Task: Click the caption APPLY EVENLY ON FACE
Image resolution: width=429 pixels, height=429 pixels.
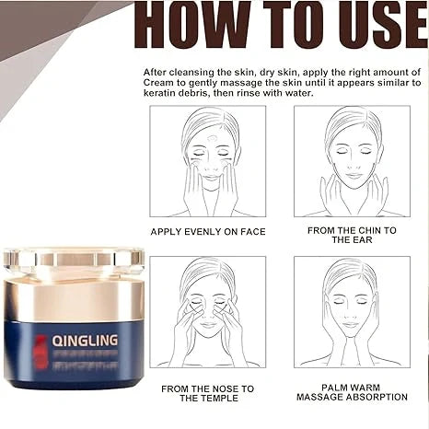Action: click(x=207, y=231)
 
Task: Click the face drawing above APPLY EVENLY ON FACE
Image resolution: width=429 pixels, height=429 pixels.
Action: click(x=207, y=161)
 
